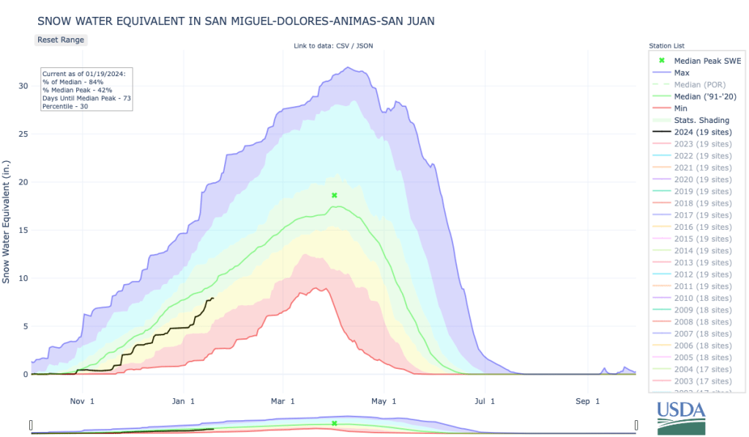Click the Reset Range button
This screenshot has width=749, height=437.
[61, 40]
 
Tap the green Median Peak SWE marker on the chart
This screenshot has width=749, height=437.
[335, 195]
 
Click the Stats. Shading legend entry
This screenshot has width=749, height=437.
[702, 120]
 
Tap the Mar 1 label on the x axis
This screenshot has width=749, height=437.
[283, 401]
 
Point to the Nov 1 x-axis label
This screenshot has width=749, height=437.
[82, 401]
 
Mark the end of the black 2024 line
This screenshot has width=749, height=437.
[213, 298]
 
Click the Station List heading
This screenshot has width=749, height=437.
[666, 46]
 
